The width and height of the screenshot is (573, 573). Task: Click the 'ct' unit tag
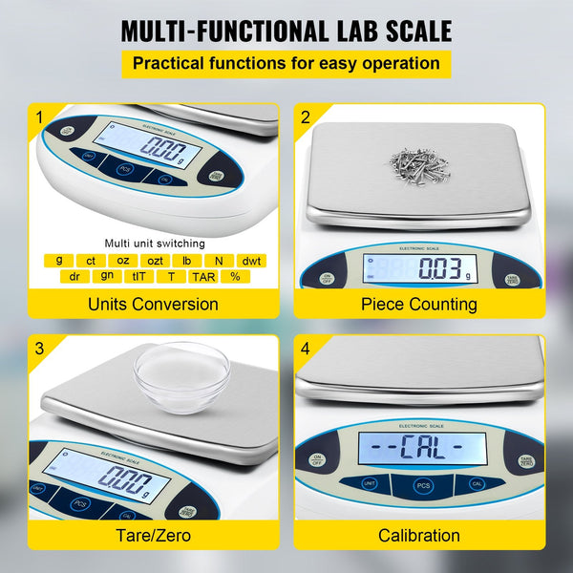[x=91, y=260]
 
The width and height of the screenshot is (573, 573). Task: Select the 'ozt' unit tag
[x=154, y=260]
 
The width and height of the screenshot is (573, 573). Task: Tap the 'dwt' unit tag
[x=252, y=260]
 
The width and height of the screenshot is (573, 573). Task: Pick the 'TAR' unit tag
[x=202, y=276]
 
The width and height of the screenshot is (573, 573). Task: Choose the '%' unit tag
[x=234, y=276]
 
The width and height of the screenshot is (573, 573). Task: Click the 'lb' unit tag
[x=186, y=260]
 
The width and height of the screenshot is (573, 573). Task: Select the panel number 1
[x=39, y=118]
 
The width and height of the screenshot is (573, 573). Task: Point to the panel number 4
[x=306, y=349]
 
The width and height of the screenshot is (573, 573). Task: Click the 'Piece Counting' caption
[x=418, y=305]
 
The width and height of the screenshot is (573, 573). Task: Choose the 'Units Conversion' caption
[x=153, y=305]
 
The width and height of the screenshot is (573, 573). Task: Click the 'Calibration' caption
[x=418, y=535]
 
